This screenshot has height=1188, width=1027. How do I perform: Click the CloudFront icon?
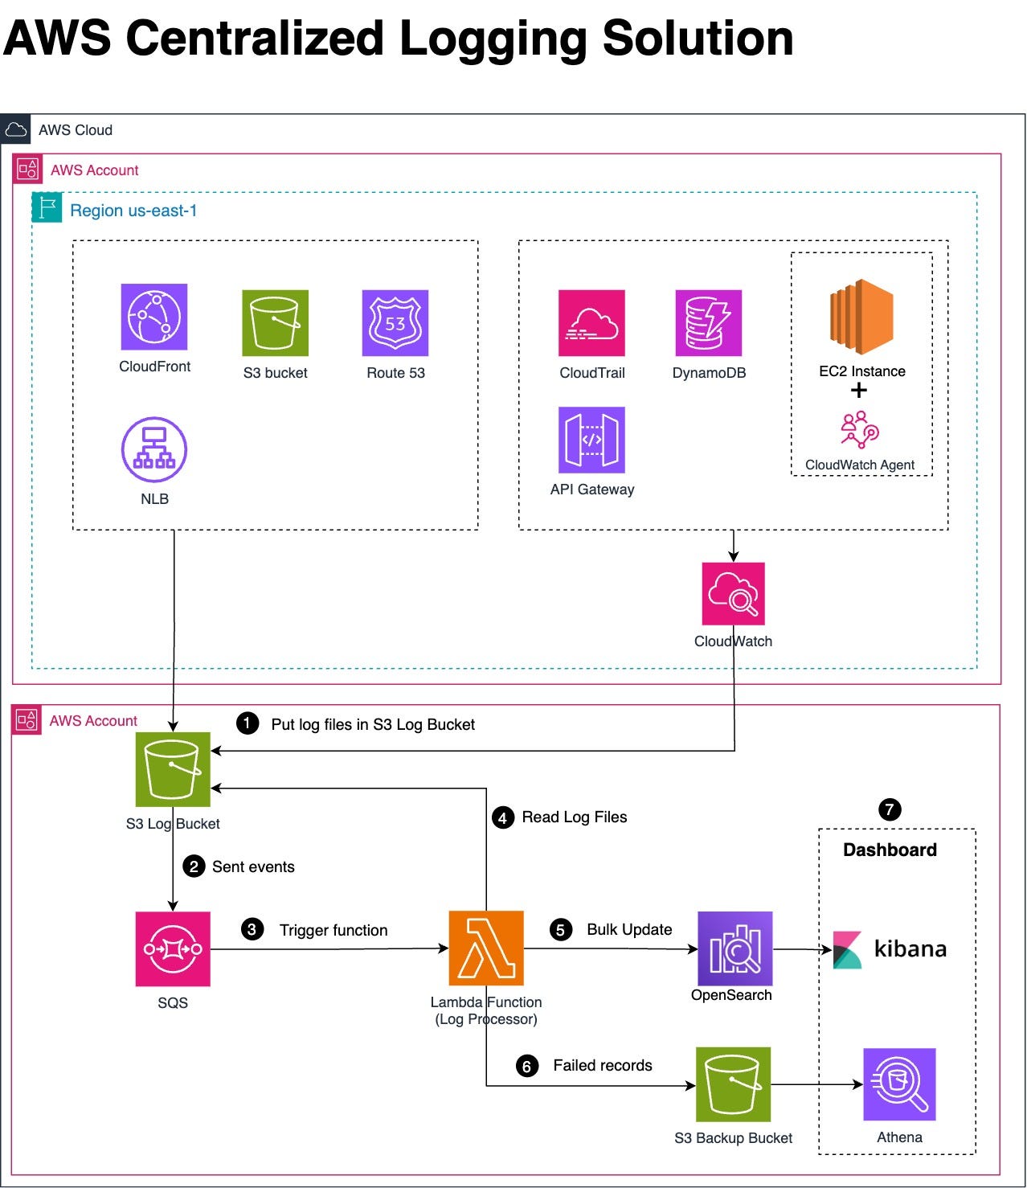[154, 317]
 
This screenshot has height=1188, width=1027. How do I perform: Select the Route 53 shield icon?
[395, 323]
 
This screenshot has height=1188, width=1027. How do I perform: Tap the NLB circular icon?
[154, 449]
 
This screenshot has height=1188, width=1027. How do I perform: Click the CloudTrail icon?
[591, 323]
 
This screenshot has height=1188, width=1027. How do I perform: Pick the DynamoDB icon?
[708, 323]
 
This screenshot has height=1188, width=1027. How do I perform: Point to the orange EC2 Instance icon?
[861, 317]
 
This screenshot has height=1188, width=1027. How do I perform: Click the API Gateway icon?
[591, 440]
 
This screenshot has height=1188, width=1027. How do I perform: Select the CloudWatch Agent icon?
[860, 430]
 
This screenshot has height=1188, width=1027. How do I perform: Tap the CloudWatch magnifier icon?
[733, 594]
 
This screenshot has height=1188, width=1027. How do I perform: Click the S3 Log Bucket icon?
[173, 769]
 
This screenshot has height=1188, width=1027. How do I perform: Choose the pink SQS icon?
[173, 949]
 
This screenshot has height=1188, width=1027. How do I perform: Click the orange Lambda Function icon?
[486, 948]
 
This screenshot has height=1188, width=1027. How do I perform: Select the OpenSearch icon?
[734, 948]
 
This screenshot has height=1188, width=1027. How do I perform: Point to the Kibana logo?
[889, 949]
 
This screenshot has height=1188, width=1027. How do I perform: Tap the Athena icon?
[899, 1084]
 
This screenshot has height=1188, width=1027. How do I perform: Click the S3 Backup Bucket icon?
[733, 1084]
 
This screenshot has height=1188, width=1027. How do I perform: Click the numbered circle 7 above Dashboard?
[890, 809]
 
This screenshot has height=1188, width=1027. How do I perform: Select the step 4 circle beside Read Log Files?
[503, 818]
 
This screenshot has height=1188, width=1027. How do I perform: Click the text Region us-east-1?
[133, 211]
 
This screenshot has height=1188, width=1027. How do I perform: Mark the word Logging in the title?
[493, 39]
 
